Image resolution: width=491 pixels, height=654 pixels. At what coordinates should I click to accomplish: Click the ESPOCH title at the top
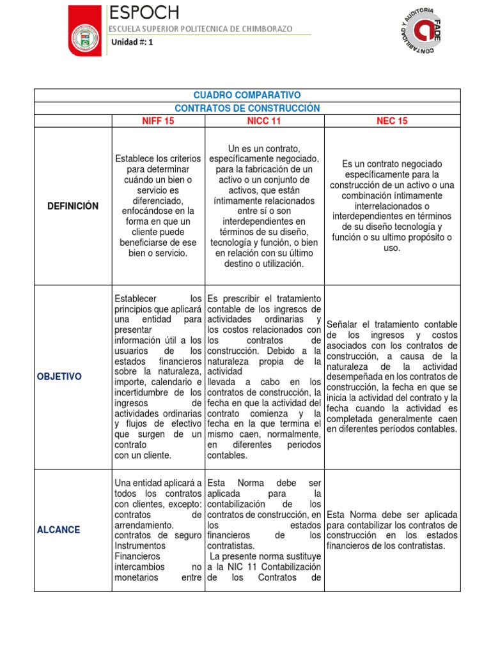(x=144, y=13)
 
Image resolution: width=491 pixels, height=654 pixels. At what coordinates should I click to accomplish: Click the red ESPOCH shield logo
(x=84, y=31)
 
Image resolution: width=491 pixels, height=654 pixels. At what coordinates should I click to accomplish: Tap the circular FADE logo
(x=419, y=32)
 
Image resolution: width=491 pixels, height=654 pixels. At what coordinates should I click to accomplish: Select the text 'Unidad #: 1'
(x=132, y=43)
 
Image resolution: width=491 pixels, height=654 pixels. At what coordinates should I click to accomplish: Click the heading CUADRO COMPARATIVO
(x=247, y=95)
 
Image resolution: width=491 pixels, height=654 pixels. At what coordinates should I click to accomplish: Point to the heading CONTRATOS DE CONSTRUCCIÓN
(x=247, y=108)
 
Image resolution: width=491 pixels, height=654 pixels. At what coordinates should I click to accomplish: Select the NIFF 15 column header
(x=158, y=121)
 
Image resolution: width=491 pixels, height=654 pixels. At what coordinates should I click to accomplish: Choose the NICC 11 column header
(x=264, y=121)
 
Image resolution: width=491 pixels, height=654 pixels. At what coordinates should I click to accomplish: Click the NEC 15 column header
(x=392, y=121)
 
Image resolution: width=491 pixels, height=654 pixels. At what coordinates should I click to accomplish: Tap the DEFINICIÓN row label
(x=72, y=206)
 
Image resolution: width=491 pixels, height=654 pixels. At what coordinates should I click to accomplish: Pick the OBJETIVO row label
(x=59, y=377)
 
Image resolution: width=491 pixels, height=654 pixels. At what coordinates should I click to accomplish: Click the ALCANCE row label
(x=59, y=530)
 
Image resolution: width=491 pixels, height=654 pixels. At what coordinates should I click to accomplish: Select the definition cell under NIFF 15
(x=158, y=206)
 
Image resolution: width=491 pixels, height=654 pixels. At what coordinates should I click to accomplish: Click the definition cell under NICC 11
(x=264, y=206)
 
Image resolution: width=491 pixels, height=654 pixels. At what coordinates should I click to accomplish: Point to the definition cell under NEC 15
(x=392, y=206)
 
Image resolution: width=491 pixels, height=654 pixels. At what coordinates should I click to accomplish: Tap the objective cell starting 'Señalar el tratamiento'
(x=392, y=377)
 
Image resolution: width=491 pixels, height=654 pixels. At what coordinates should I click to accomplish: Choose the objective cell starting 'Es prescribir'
(x=264, y=377)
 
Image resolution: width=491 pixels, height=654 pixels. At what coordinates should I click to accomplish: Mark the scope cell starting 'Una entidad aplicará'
(x=158, y=530)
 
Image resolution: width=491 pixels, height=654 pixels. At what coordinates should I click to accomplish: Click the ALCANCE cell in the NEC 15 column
(x=392, y=530)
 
